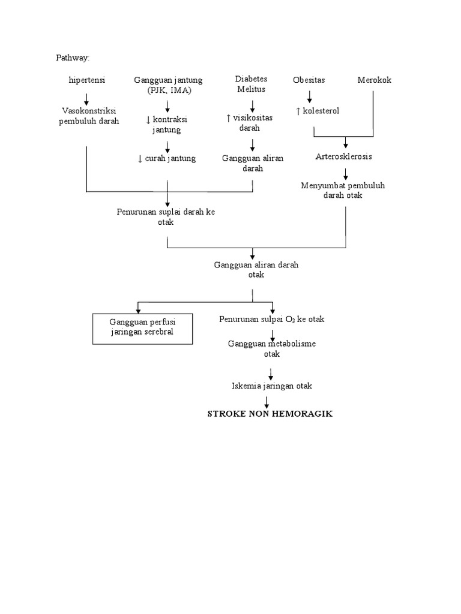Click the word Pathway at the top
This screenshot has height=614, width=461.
[72, 58]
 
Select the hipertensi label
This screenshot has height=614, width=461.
[87, 80]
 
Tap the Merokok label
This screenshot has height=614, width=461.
[374, 80]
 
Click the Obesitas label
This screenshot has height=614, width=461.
[309, 80]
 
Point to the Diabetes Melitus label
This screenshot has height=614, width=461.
[252, 84]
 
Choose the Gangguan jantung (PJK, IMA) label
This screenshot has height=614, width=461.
[168, 85]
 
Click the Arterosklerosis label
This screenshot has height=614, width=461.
[344, 156]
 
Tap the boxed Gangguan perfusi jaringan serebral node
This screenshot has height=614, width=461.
[142, 327]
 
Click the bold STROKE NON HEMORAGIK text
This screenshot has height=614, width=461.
[270, 414]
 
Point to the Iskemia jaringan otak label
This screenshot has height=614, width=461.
[272, 386]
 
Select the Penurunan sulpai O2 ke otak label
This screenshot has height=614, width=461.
[271, 319]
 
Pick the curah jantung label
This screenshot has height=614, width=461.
[167, 158]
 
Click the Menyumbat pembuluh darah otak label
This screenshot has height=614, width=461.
[343, 191]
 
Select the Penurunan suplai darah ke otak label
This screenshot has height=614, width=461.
[166, 217]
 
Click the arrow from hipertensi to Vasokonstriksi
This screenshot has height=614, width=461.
[86, 98]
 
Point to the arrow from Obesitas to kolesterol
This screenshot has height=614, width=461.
[310, 96]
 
